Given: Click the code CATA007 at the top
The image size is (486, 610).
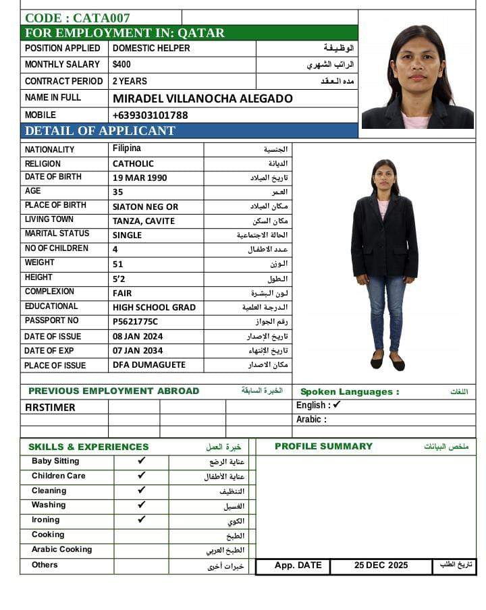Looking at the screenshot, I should [77, 18].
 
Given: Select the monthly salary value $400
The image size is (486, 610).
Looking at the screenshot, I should [122, 65].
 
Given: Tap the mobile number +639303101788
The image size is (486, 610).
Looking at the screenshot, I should [150, 115].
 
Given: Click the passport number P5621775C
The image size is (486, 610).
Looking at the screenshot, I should [135, 322].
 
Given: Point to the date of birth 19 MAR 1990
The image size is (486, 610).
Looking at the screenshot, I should [140, 178].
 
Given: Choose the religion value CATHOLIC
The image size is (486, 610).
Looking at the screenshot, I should [133, 164].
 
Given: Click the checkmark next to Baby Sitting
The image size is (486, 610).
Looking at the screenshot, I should [142, 461].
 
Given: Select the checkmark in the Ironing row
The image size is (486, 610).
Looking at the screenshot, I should [142, 520].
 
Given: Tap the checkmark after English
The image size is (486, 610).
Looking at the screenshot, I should [337, 405].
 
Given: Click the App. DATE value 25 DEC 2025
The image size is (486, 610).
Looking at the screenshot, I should [381, 565].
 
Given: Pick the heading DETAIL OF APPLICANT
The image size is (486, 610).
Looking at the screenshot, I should [100, 131].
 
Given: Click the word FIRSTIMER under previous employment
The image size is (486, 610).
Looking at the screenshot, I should [50, 408].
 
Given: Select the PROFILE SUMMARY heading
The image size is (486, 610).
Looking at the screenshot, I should [323, 446].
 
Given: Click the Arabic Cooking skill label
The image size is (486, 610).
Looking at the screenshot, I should [61, 549].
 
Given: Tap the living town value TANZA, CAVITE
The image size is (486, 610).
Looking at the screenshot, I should [143, 221].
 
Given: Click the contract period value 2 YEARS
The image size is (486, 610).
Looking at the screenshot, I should [130, 81].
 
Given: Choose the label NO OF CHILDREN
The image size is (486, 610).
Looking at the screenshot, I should [57, 248].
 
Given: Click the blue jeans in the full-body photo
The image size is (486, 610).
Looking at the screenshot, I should [386, 310].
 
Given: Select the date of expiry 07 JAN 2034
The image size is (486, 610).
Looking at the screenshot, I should [138, 351].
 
